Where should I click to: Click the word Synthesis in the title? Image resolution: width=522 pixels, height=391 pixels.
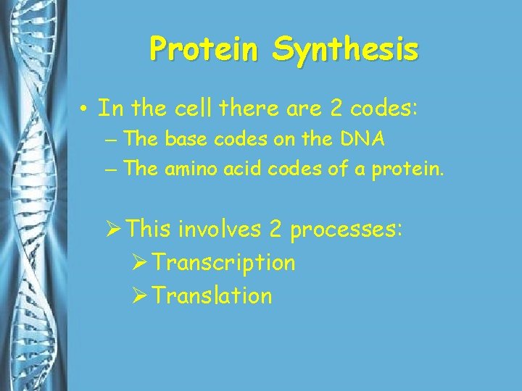(345, 49)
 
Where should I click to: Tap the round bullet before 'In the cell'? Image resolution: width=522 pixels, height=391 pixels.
(85, 109)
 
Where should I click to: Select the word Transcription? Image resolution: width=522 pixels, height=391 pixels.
(225, 262)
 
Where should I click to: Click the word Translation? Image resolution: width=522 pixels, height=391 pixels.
(213, 295)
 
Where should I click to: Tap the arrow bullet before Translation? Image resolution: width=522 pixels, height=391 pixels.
(141, 295)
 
